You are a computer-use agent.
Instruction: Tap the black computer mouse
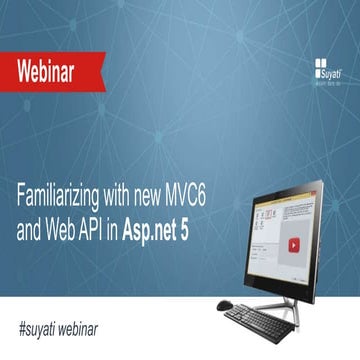225,306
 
